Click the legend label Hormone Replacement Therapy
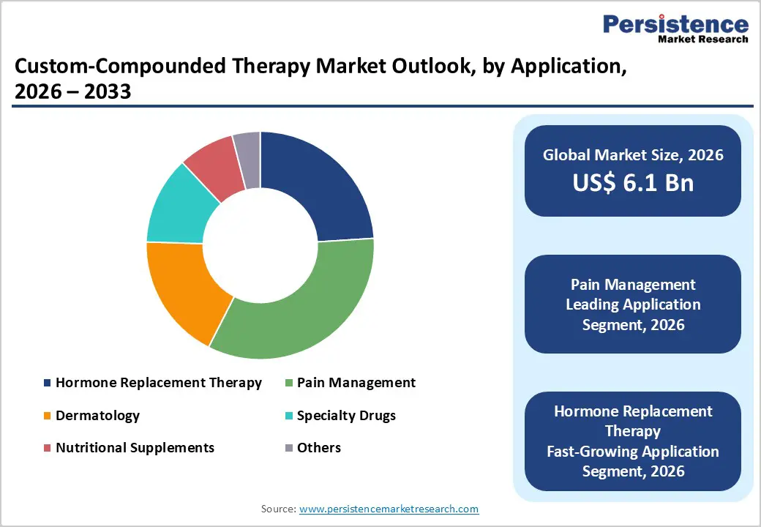[158, 382]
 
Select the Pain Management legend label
[356, 382]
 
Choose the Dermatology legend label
[97, 415]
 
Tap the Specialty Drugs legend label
[346, 415]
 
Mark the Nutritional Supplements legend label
[135, 447]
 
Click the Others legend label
[318, 447]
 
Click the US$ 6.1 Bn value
[633, 182]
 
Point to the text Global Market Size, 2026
[633, 154]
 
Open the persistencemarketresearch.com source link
[389, 509]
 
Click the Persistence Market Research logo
[675, 29]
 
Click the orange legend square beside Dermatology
[48, 416]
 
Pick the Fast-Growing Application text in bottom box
[633, 452]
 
